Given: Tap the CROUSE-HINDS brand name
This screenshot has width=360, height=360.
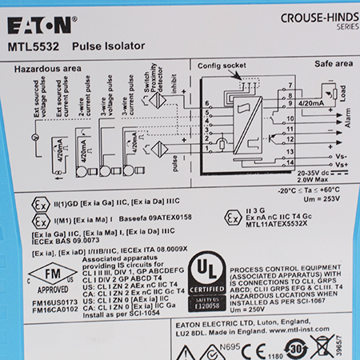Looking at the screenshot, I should [316, 17].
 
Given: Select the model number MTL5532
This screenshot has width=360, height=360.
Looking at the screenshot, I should [31, 47].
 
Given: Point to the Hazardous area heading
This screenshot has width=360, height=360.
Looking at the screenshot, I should [47, 70].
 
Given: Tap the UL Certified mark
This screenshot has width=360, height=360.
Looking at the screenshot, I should [207, 282].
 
